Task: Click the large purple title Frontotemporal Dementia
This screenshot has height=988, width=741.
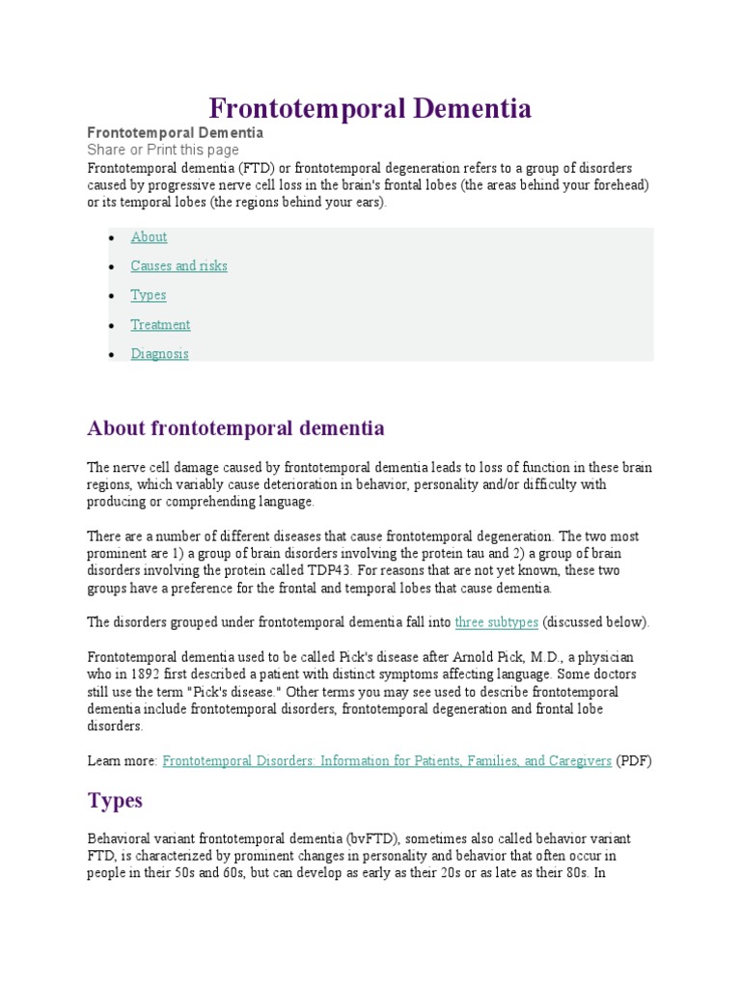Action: point(370,108)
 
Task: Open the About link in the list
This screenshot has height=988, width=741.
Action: point(149,236)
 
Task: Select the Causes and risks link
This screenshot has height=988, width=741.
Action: point(179,265)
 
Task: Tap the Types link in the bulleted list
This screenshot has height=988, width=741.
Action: point(149,295)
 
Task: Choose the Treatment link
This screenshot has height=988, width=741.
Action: point(160,324)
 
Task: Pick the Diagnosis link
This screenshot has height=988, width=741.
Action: point(160,353)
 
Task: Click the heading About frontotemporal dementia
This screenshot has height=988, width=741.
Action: point(235,427)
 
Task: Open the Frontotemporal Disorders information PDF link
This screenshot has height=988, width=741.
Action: point(387,760)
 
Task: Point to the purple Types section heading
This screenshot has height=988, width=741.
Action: point(115,800)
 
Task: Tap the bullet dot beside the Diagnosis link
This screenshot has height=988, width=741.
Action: point(110,355)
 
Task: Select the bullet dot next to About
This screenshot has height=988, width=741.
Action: point(110,238)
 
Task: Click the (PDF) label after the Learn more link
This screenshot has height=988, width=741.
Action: point(634,760)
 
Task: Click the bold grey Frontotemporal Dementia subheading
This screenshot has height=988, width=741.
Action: point(176,132)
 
